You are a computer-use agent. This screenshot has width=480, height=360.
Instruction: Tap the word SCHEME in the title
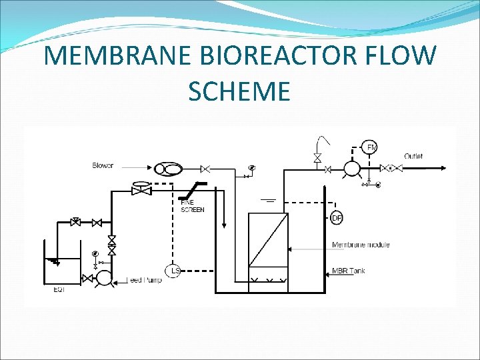pyautogui.click(x=239, y=91)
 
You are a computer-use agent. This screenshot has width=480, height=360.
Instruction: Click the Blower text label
pyautogui.click(x=103, y=165)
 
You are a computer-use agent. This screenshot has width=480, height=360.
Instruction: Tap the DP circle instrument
pyautogui.click(x=337, y=217)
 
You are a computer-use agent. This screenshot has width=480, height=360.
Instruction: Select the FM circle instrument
pyautogui.click(x=369, y=147)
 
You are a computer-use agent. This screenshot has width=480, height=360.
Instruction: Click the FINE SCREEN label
pyautogui.click(x=192, y=207)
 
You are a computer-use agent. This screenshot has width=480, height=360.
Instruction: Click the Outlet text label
pyautogui.click(x=413, y=156)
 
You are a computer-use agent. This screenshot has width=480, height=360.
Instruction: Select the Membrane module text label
pyautogui.click(x=361, y=245)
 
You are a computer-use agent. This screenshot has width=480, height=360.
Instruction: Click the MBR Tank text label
pyautogui.click(x=348, y=271)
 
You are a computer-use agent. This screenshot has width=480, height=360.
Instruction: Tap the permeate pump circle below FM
pyautogui.click(x=351, y=169)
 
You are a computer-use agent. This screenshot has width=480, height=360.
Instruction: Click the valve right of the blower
pyautogui.click(x=206, y=169)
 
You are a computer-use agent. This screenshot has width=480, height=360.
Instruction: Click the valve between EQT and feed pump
pyautogui.click(x=87, y=277)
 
